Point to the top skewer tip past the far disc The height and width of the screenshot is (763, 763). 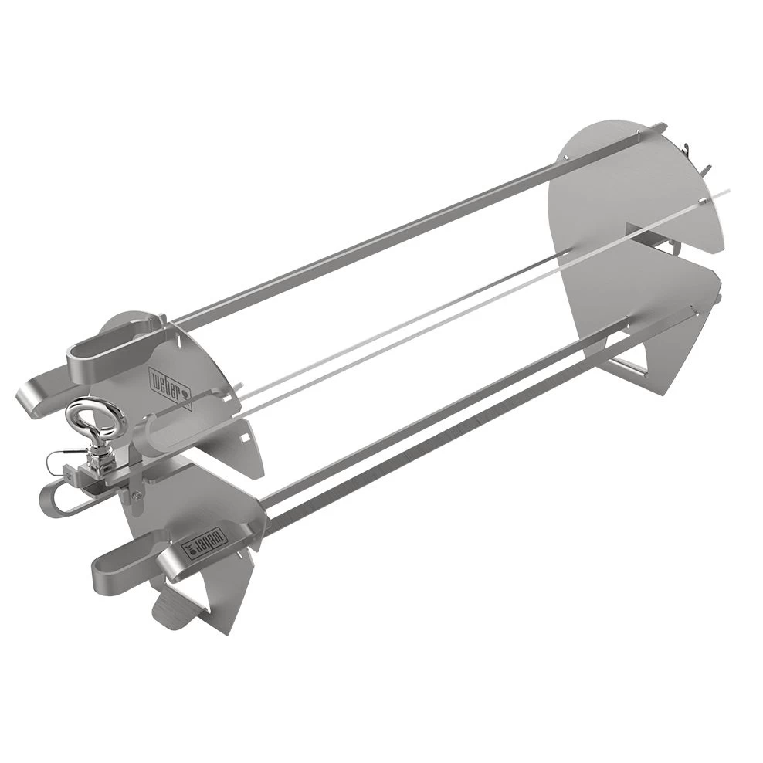tap(656, 127)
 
